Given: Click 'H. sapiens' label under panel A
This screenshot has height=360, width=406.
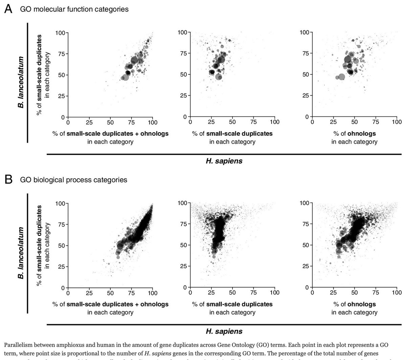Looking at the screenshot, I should click(224, 161).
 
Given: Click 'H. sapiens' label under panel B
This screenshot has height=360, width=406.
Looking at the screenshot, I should click(224, 331).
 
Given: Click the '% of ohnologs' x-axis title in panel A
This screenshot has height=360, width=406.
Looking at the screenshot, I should click(354, 134).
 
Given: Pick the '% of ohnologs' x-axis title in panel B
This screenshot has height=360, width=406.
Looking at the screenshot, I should click(354, 304).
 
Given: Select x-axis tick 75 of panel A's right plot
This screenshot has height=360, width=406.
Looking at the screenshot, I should click(376, 122).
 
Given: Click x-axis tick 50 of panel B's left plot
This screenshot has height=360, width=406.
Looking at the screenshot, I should click(110, 292).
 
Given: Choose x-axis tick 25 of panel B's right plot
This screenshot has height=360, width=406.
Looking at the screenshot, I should click(333, 292).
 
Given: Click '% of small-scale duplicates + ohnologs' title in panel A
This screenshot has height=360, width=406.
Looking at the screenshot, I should click(110, 134).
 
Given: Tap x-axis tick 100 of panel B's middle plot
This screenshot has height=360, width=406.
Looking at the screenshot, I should click(274, 292).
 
